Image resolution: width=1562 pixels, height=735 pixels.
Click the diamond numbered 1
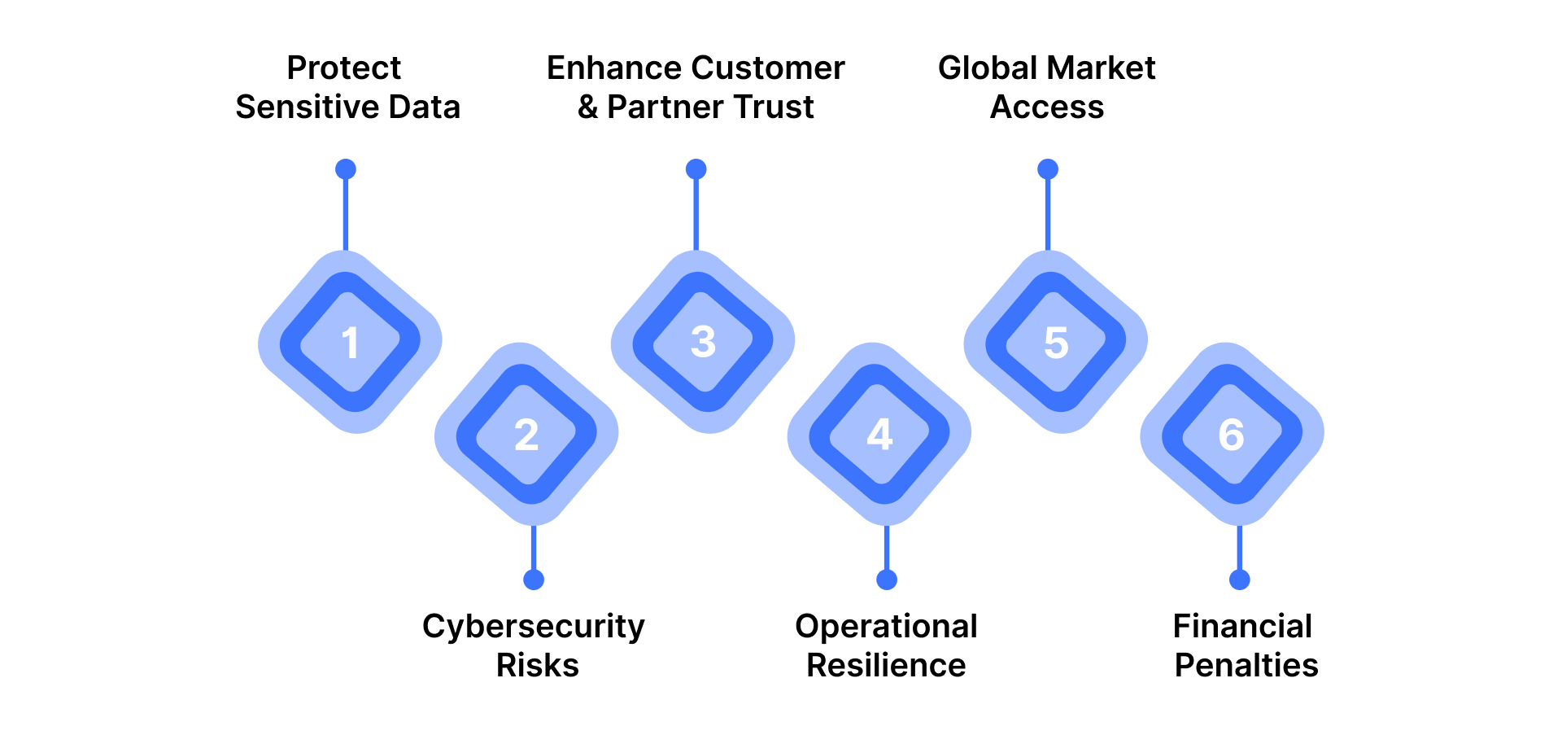350,342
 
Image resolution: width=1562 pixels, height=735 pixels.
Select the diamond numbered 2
526,434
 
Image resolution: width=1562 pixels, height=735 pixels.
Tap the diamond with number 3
703,342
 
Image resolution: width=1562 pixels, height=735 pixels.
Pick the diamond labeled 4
879,434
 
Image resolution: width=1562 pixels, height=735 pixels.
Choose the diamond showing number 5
1056,342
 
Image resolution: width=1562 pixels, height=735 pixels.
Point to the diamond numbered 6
1232,434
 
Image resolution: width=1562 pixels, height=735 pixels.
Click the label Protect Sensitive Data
347,87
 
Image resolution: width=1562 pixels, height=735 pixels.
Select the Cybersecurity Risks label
534,645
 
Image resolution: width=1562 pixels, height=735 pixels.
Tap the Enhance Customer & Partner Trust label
696,87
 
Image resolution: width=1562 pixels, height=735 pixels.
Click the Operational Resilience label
886,645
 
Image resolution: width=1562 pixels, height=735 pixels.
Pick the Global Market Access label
1047,87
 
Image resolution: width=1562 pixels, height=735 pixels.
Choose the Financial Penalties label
1245,645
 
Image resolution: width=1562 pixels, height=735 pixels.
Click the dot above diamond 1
346,169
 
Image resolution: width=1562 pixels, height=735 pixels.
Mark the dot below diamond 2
534,580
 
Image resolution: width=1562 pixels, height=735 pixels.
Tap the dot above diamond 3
696,169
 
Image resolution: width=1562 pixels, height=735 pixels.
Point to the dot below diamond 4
887,580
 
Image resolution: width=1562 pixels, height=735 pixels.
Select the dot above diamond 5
1048,169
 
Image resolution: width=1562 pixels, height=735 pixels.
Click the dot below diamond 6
1240,580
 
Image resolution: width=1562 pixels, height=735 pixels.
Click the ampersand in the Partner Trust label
587,107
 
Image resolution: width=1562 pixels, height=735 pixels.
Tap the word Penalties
1246,666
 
